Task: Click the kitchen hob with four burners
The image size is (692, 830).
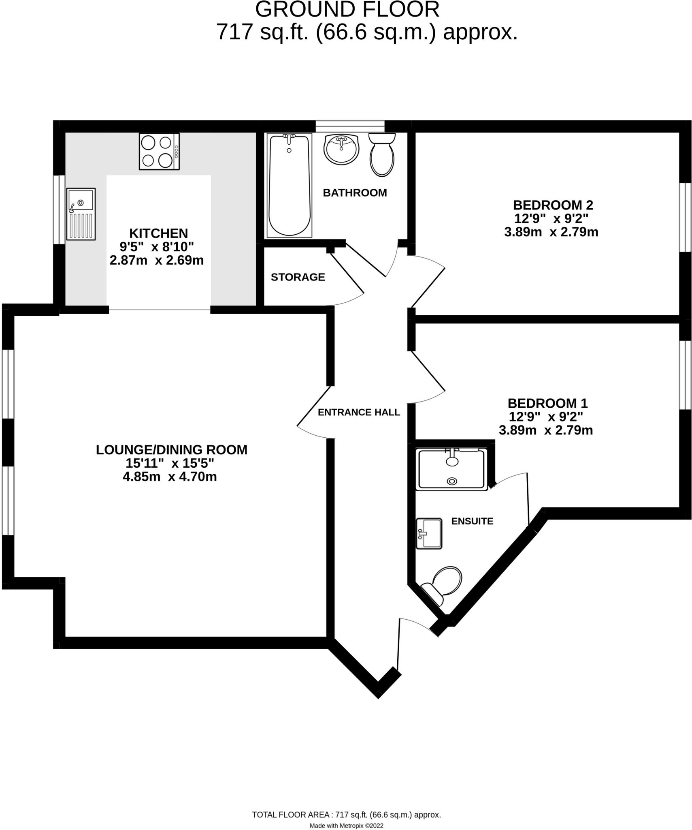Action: (159, 152)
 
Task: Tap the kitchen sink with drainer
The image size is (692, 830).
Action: (81, 214)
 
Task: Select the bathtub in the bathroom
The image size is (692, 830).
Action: (289, 185)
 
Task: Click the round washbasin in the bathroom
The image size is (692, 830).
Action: (342, 150)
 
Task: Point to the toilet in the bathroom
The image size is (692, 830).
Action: (382, 155)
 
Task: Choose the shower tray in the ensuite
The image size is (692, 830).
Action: (451, 469)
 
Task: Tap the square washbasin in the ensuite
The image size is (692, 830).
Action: (429, 533)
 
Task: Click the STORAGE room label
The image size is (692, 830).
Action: (298, 277)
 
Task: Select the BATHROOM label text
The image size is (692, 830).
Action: (355, 193)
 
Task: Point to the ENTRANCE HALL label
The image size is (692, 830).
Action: (359, 412)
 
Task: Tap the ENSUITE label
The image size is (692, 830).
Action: (472, 521)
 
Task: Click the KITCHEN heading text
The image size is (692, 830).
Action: (158, 233)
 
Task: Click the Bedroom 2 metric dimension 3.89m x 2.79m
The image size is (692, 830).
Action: (551, 232)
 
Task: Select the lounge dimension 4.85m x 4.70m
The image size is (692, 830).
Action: (170, 477)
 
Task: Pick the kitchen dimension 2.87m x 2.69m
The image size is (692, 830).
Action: (157, 260)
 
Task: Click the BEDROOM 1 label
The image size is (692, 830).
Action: (547, 403)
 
